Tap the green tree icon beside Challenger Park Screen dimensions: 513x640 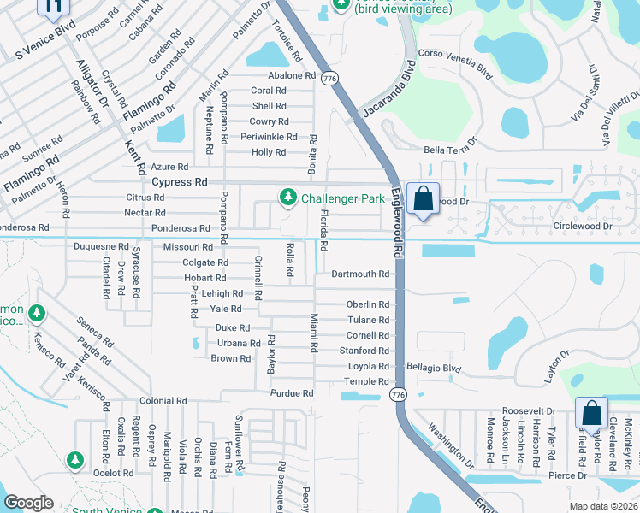(x=288, y=198)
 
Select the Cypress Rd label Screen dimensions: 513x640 (x=180, y=182)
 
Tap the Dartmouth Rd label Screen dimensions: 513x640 (x=360, y=274)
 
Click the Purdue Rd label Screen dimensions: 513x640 (x=292, y=393)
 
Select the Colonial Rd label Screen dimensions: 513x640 (x=163, y=401)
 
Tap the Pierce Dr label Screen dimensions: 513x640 (x=568, y=475)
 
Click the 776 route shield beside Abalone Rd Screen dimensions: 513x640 (x=331, y=77)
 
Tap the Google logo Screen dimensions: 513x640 (x=28, y=503)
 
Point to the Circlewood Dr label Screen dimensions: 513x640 (x=583, y=227)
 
